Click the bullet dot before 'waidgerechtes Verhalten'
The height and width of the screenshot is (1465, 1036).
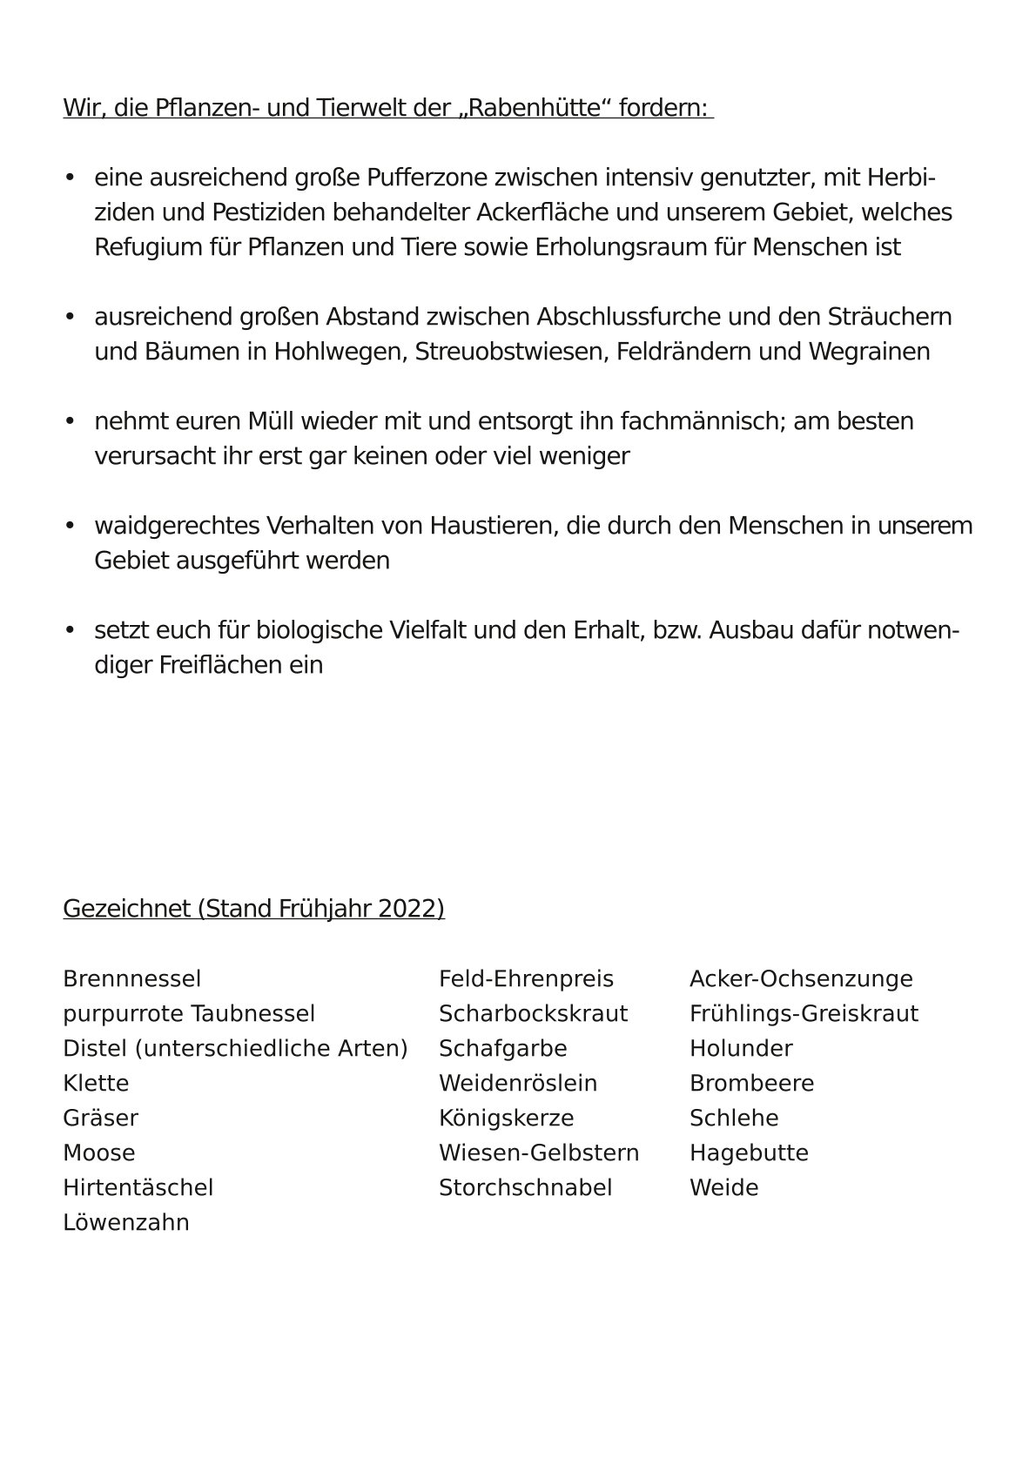coord(70,527)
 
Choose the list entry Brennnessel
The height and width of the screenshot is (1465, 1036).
coord(131,979)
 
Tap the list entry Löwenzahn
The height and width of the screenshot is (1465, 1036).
coord(125,1223)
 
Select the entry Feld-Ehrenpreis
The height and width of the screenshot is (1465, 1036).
coord(526,979)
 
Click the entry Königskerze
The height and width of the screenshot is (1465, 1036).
coord(506,1119)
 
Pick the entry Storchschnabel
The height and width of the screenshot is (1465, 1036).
coord(525,1188)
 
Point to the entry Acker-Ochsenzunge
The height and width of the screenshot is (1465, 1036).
coord(801,979)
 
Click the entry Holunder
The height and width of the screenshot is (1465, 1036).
coord(741,1049)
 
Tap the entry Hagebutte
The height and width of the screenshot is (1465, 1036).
coord(749,1153)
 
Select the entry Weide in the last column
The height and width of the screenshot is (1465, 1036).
coord(723,1188)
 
